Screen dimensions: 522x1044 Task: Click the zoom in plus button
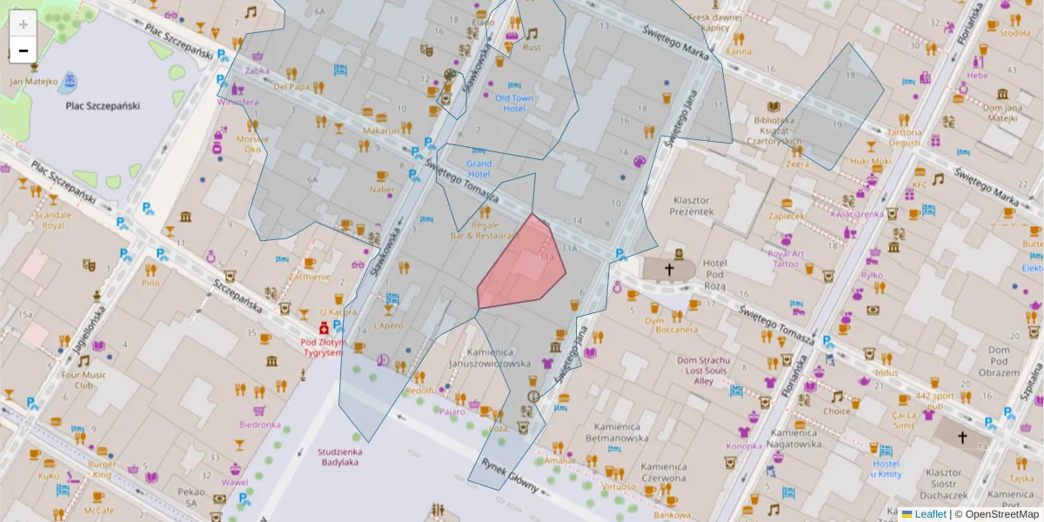click(23, 23)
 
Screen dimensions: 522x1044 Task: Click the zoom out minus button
click(23, 50)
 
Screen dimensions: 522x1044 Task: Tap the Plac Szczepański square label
click(102, 106)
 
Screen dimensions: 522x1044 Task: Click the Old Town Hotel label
click(514, 104)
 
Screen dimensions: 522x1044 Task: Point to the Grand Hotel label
click(478, 169)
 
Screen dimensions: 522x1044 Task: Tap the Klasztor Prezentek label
click(693, 205)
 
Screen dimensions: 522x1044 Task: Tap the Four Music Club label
click(84, 380)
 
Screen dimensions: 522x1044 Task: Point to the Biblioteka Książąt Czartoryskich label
click(773, 130)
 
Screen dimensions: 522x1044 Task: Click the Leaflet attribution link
click(929, 514)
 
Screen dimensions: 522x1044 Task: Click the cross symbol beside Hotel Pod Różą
click(670, 270)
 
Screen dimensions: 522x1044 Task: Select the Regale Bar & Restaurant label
click(472, 230)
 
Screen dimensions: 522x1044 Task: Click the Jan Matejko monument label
click(34, 82)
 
